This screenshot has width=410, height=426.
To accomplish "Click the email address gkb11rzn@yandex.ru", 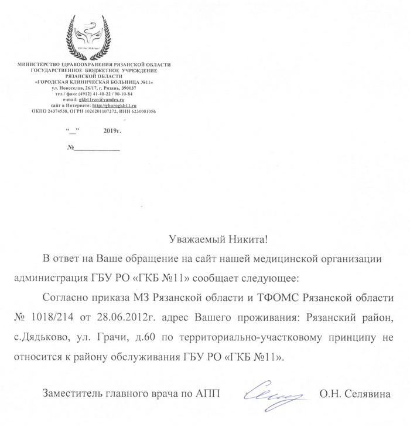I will (104, 100).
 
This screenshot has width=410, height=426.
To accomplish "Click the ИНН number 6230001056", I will (140, 111).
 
